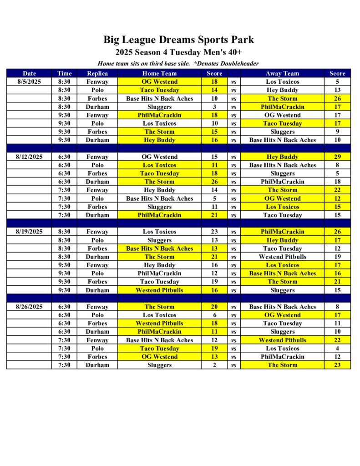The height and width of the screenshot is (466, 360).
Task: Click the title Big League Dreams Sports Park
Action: (x=178, y=40)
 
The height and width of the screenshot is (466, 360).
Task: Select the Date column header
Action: (x=29, y=73)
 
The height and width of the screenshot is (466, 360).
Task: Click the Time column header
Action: (x=64, y=73)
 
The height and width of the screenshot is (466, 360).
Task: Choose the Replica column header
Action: (x=97, y=73)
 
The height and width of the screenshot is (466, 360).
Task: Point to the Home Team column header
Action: (x=159, y=73)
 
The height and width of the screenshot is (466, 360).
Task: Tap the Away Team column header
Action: (x=282, y=73)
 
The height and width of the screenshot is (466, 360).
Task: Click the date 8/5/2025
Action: (x=29, y=82)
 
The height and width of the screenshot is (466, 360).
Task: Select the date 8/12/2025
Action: (x=29, y=157)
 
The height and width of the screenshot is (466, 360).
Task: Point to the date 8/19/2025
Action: (x=29, y=232)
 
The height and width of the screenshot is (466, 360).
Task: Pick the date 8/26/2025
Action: (x=29, y=307)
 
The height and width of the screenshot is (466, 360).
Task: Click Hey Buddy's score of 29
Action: (x=337, y=157)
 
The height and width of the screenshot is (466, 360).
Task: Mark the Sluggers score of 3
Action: (x=214, y=107)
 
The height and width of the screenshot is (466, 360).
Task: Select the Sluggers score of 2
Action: (x=214, y=365)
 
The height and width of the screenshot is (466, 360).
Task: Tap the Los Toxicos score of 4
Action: (x=337, y=349)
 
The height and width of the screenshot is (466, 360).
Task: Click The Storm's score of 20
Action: (x=214, y=307)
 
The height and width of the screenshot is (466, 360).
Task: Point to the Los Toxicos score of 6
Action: (x=214, y=315)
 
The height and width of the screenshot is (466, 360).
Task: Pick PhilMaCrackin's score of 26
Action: (x=337, y=232)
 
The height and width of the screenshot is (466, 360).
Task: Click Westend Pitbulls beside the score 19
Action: (x=282, y=257)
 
